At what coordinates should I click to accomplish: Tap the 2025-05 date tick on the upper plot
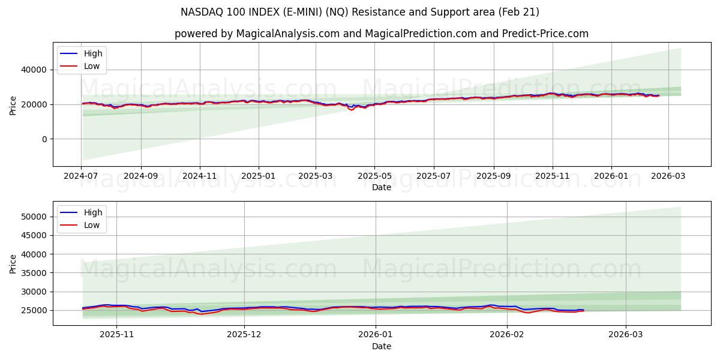tap(374, 177)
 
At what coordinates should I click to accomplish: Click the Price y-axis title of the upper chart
tap(13, 106)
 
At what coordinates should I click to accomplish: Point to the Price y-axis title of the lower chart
tap(13, 263)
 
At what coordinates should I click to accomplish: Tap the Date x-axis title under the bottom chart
tap(381, 347)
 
